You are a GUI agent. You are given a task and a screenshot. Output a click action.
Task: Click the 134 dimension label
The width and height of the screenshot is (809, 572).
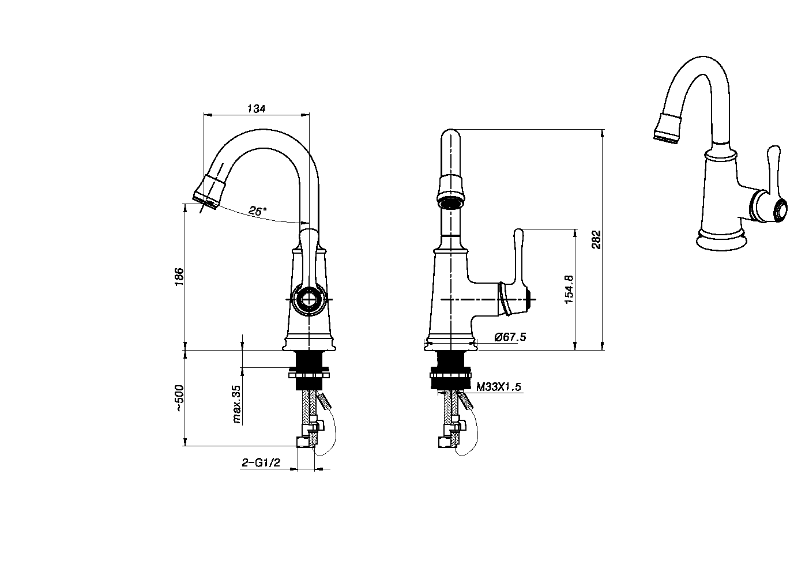pyautogui.click(x=256, y=108)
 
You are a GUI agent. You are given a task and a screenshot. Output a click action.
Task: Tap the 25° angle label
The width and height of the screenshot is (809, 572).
pyautogui.click(x=258, y=211)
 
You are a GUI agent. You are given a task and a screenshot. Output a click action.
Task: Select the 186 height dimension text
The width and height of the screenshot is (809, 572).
pyautogui.click(x=179, y=277)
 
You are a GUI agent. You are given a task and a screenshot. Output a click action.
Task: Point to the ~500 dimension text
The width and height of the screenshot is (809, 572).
pyautogui.click(x=179, y=398)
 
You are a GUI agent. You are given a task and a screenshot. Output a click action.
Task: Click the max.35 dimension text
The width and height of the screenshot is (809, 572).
pyautogui.click(x=236, y=404)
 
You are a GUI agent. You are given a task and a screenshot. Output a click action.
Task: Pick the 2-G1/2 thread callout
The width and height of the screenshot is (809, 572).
pyautogui.click(x=261, y=462)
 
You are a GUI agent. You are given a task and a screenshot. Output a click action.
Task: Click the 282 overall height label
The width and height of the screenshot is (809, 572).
pyautogui.click(x=596, y=239)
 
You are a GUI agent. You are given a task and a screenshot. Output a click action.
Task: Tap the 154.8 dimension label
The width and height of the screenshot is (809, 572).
pyautogui.click(x=569, y=289)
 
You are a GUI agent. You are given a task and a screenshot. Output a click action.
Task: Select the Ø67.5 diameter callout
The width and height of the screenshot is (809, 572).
pyautogui.click(x=510, y=337)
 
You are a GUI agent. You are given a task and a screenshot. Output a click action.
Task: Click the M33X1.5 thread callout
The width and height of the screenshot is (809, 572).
pyautogui.click(x=499, y=387)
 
